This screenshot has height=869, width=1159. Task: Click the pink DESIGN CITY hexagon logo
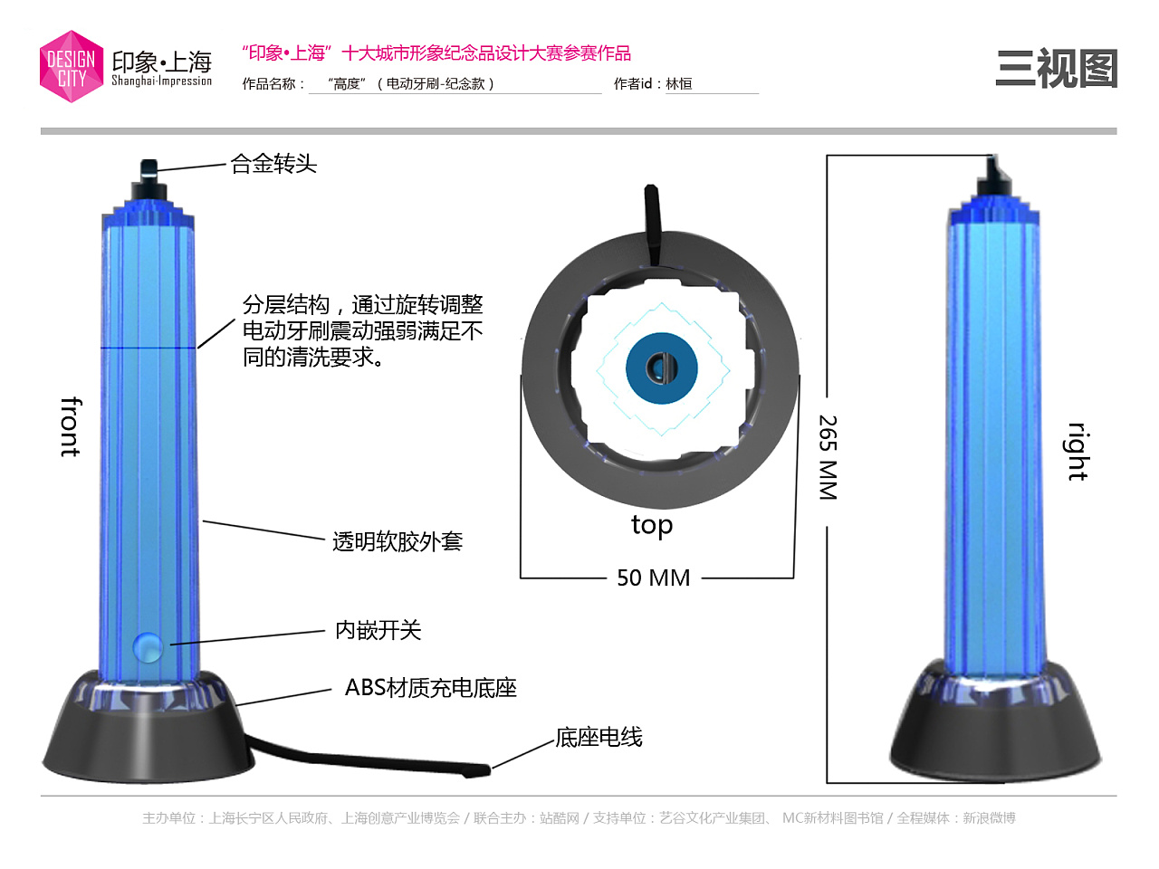[x=72, y=67]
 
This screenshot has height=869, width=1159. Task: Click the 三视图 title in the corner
[x=1056, y=69]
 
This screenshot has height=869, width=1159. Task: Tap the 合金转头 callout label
[x=273, y=164]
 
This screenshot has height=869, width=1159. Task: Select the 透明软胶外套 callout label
[x=398, y=541]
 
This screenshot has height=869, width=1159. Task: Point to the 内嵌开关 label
[x=378, y=630]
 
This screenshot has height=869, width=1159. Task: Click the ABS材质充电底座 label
[x=430, y=688]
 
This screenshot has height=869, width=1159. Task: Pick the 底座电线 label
[x=599, y=738]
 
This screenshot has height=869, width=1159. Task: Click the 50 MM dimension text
[x=653, y=578]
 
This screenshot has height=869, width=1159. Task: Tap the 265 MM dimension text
[x=828, y=458]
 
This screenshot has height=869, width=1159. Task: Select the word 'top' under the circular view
[x=652, y=525]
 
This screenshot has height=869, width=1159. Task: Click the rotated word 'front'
[x=71, y=426]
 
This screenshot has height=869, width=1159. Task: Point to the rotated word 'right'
[x=1077, y=451]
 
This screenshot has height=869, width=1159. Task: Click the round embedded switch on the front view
[x=147, y=646]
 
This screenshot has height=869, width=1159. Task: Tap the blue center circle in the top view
[x=662, y=368]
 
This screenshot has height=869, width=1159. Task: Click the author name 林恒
[x=679, y=84]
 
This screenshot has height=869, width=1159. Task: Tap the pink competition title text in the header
[x=436, y=53]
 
